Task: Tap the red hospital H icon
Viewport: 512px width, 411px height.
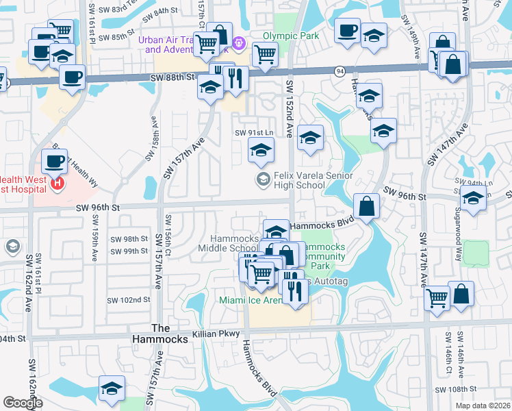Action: point(58,183)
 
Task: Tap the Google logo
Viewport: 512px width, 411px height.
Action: point(23,403)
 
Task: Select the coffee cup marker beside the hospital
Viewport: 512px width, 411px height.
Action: point(54,162)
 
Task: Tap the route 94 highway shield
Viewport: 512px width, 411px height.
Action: point(340,70)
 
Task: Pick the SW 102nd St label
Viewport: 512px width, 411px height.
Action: point(129,300)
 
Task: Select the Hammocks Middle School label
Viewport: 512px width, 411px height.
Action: point(234,243)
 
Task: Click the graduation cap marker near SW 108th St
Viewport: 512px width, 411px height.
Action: point(112,388)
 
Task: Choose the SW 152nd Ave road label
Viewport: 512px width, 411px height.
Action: point(289,108)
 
